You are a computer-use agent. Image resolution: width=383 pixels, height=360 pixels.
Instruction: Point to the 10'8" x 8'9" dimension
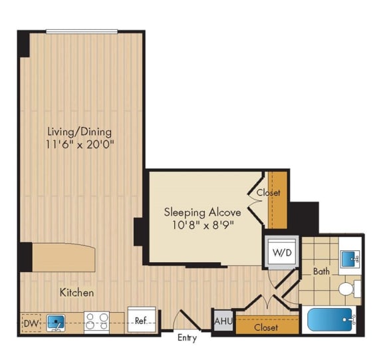203,226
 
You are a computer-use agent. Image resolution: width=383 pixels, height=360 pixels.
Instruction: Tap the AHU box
222,321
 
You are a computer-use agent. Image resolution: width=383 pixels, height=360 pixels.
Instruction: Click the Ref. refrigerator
140,321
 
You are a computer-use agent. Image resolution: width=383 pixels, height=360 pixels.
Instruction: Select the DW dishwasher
29,323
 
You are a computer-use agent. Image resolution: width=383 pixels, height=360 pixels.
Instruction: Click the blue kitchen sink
58,323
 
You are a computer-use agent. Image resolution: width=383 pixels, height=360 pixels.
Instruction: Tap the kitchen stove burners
96,323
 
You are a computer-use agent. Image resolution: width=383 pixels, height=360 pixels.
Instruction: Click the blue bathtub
332,321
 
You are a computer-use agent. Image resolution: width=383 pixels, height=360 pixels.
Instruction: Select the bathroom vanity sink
350,258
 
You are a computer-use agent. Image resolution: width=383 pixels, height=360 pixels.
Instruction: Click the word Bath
322,271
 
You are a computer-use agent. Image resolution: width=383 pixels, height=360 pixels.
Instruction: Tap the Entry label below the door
187,338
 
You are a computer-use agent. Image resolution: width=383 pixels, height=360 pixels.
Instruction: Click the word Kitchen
76,292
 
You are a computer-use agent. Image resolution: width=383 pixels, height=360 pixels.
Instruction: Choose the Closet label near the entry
265,327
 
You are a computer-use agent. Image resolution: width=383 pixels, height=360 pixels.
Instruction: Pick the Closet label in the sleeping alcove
269,193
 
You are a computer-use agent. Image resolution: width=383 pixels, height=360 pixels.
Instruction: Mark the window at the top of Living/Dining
82,31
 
